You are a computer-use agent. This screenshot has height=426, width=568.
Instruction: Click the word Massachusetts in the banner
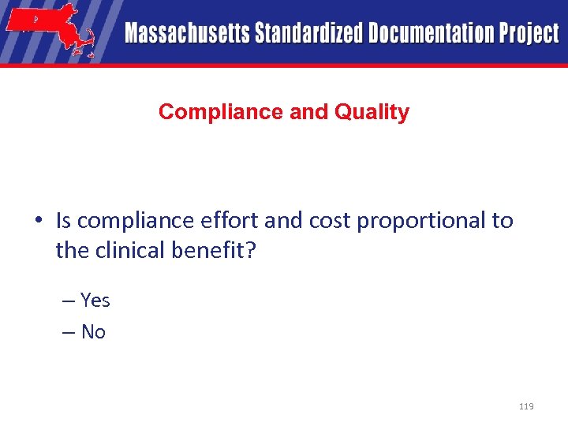[187, 34]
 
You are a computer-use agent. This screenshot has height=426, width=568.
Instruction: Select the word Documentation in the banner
[421, 34]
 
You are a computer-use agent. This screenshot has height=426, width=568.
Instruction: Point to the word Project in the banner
[528, 34]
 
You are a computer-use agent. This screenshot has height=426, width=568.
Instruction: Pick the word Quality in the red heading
[372, 112]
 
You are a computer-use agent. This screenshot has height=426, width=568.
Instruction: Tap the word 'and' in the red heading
[309, 112]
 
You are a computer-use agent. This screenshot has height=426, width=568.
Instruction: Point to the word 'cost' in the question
[323, 221]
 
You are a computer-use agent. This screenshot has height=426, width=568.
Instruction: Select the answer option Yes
[95, 301]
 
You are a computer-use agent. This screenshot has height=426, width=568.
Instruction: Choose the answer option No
[93, 332]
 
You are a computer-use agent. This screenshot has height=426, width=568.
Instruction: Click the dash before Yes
[67, 301]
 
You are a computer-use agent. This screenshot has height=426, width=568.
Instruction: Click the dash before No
[67, 333]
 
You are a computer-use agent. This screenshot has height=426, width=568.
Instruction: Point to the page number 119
[526, 406]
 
